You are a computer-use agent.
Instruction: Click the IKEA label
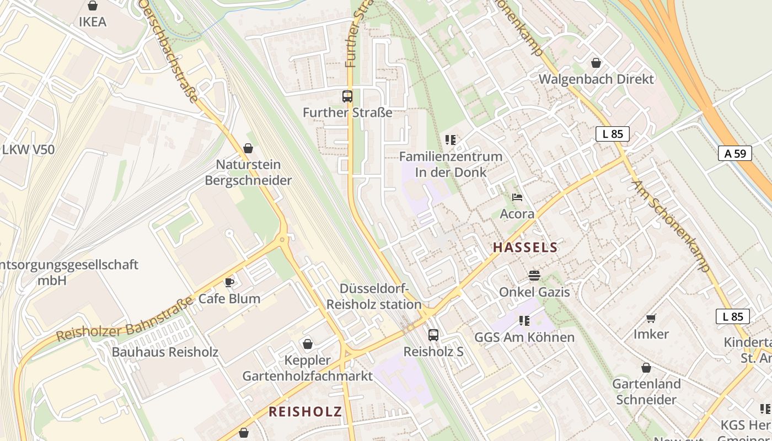point(93,22)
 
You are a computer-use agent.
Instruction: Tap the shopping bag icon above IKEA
point(93,6)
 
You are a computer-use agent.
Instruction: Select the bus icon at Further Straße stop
point(347,96)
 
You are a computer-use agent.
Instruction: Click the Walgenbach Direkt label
point(596,79)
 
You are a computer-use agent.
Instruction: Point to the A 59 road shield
point(735,153)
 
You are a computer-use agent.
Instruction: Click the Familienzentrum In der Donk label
point(451,164)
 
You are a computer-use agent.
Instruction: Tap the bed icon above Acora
point(517,197)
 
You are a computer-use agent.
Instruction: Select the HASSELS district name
point(525,248)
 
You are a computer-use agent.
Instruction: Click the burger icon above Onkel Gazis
point(534,275)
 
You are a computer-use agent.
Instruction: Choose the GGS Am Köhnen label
point(524,337)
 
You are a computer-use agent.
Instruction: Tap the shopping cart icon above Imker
point(651,318)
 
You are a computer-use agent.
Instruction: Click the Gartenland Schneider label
point(646,391)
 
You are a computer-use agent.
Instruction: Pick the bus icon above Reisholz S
point(433,335)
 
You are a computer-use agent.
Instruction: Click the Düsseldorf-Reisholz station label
point(374,297)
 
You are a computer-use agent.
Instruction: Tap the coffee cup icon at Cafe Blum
point(229,283)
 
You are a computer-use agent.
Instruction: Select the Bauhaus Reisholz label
point(165,352)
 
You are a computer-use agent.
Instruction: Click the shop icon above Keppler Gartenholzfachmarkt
point(308,344)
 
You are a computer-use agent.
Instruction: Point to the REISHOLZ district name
point(305,411)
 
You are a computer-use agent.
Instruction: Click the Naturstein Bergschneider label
point(248,173)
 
